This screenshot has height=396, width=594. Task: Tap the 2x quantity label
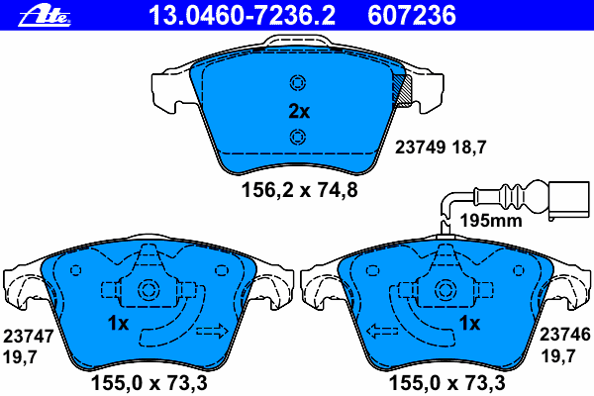tap(298, 111)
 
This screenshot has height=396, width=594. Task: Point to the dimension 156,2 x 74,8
tap(299, 190)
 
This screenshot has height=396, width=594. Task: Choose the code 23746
tap(563, 337)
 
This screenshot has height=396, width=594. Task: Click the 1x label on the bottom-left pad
tap(119, 324)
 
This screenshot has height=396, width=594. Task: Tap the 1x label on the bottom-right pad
tap(468, 324)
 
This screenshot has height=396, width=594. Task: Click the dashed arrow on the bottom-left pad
tap(212, 330)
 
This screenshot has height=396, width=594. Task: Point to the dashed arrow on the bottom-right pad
tap(384, 331)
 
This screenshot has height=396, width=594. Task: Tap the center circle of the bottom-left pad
tap(150, 292)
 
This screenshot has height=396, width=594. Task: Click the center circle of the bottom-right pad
tap(443, 292)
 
